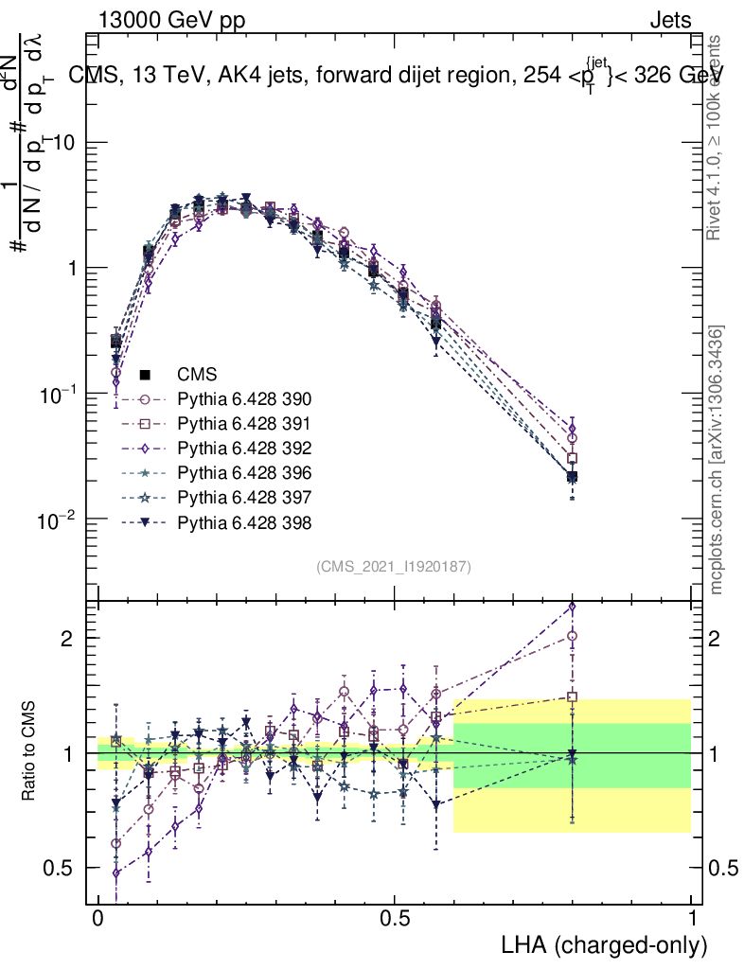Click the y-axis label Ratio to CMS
point(30,753)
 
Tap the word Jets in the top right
point(670,20)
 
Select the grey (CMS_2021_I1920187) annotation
point(394,566)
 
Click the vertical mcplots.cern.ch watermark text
point(717,461)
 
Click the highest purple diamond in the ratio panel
point(571,608)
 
